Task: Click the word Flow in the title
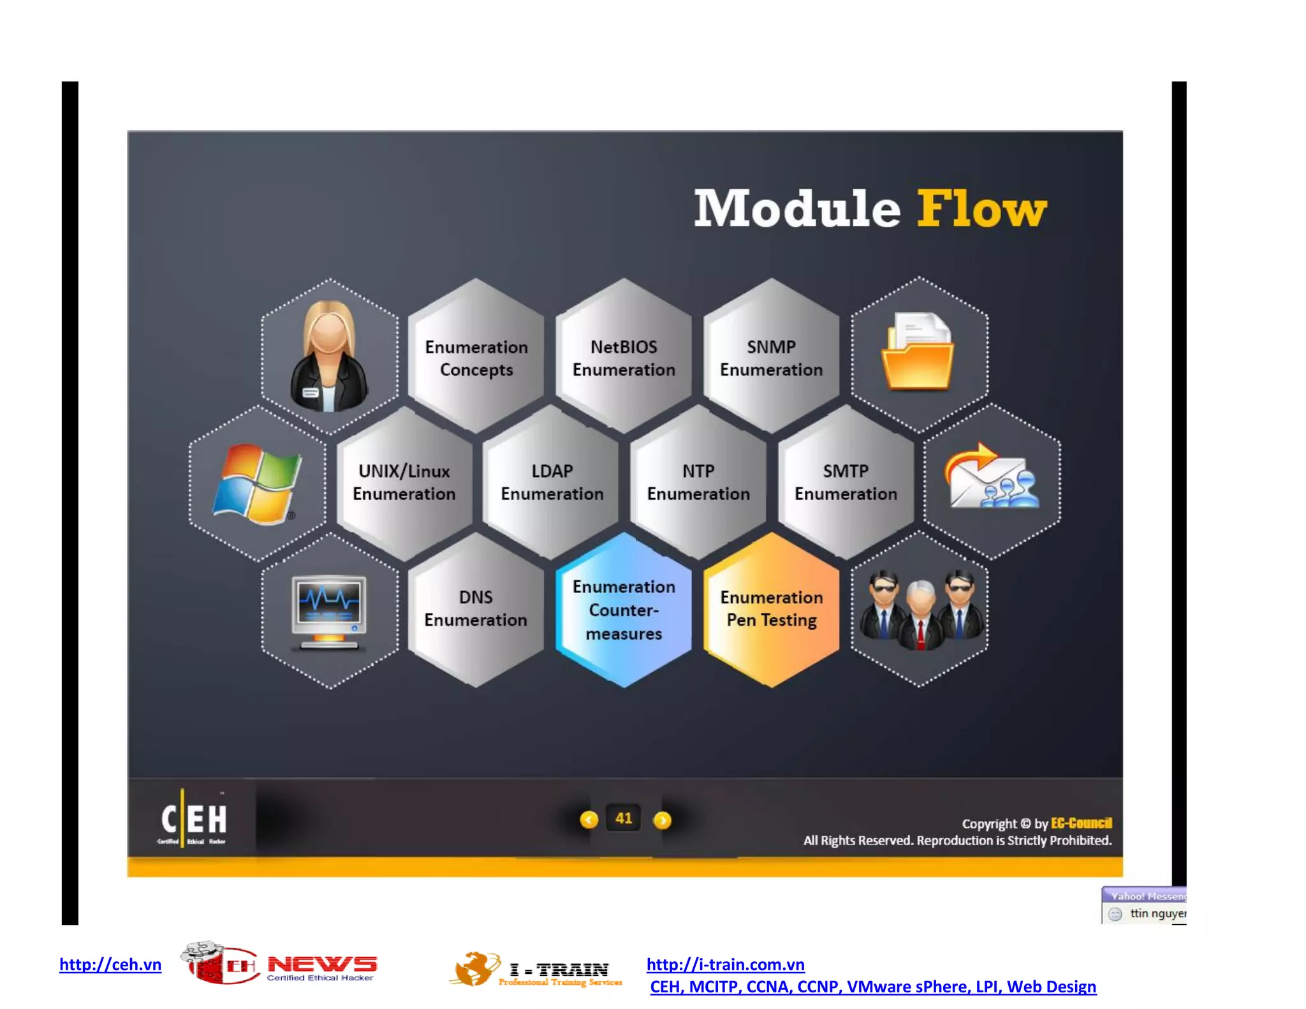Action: click(981, 209)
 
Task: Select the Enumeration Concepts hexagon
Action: click(476, 358)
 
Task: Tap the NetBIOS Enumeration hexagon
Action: click(624, 358)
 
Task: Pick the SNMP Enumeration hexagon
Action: click(771, 358)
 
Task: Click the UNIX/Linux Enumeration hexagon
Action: click(404, 482)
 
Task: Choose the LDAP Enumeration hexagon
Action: click(552, 482)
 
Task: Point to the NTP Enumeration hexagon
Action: click(698, 482)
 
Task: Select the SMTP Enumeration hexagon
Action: click(846, 482)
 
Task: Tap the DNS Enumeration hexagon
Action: click(476, 608)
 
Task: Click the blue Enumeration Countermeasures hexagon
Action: click(624, 610)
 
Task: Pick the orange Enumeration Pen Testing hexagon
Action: click(772, 608)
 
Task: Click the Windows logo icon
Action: click(256, 483)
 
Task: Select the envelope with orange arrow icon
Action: click(991, 477)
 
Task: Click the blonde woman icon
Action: click(329, 357)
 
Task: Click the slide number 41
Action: click(624, 818)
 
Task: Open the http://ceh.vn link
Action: click(110, 964)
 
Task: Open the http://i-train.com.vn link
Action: click(726, 964)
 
